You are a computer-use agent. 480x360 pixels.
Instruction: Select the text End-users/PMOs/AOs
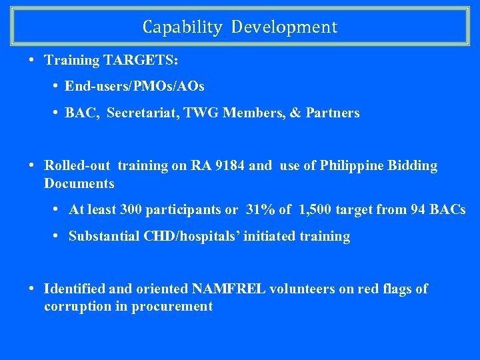click(x=135, y=87)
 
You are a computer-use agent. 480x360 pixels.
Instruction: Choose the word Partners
click(x=333, y=113)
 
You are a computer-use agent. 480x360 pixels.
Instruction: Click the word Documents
click(x=79, y=183)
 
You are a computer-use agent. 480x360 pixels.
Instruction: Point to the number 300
click(x=131, y=210)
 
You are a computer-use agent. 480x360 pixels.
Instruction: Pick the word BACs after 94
click(x=447, y=210)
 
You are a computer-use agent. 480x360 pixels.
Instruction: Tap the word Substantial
click(x=104, y=237)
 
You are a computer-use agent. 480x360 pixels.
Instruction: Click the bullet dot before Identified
click(x=32, y=289)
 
